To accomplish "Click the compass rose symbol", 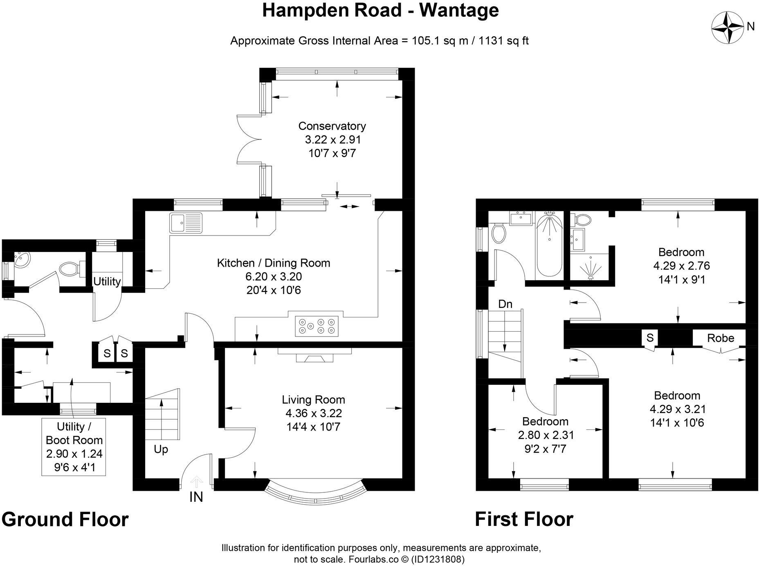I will [728, 27].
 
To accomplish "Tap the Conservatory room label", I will [332, 126].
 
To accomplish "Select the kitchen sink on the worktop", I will [186, 223].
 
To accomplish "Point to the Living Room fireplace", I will [314, 356].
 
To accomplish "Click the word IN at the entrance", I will [196, 497].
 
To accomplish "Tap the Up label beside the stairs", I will [161, 449].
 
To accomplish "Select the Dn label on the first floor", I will [505, 304].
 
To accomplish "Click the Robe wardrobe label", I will [721, 338].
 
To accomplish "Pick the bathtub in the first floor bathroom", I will [549, 245].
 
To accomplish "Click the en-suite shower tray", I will [590, 266].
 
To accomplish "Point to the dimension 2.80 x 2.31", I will [545, 435].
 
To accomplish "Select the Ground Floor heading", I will [65, 519].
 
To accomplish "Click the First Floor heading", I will [524, 519].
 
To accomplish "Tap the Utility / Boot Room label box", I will [74, 447].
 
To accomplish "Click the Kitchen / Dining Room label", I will [273, 263].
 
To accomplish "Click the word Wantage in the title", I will [459, 11].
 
